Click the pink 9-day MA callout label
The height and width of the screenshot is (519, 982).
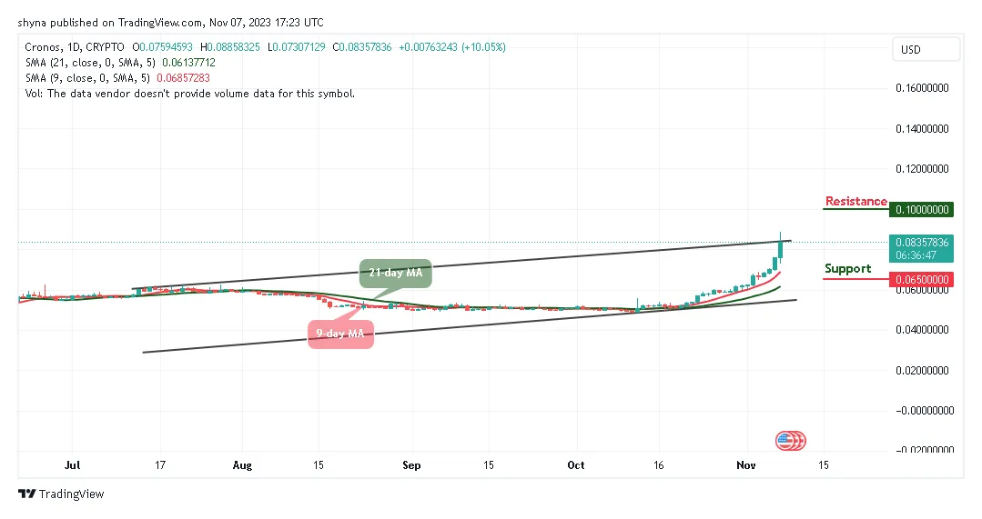pyautogui.click(x=339, y=334)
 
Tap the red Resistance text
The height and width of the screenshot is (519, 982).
pyautogui.click(x=855, y=201)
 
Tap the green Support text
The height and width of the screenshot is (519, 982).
pyautogui.click(x=847, y=269)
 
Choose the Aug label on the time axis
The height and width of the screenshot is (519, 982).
pyautogui.click(x=242, y=464)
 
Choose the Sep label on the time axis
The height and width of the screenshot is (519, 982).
pyautogui.click(x=411, y=464)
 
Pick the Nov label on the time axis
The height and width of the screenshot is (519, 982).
pyautogui.click(x=746, y=464)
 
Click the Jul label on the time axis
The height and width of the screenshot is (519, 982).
pyautogui.click(x=73, y=464)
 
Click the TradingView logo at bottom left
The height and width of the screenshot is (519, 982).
pyautogui.click(x=62, y=494)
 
